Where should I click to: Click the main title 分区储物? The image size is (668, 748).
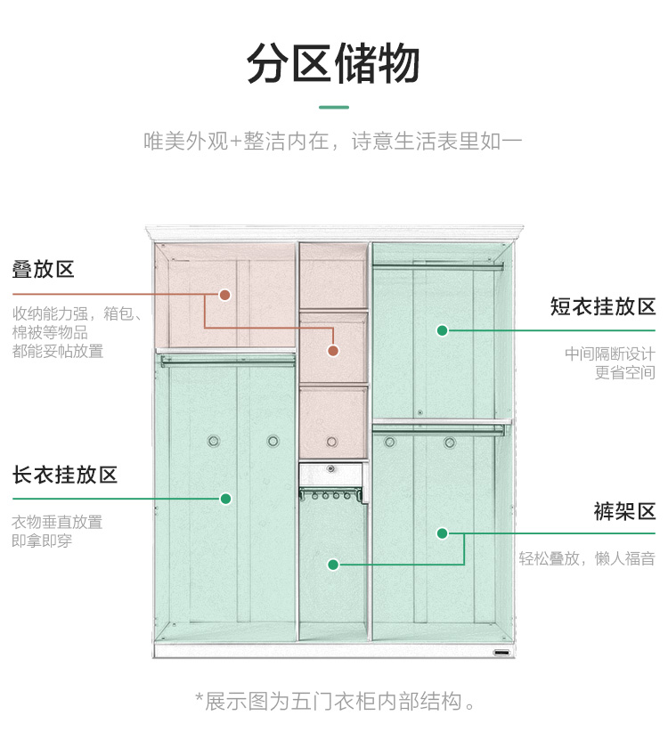(x=333, y=63)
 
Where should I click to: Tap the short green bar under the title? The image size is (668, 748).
(x=334, y=108)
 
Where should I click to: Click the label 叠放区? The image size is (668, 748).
(x=44, y=270)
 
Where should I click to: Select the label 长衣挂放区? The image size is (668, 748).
(x=65, y=476)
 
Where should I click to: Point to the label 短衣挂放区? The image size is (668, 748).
(x=603, y=306)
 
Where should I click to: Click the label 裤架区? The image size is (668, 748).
(x=624, y=511)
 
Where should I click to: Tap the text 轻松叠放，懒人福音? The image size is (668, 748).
(x=587, y=558)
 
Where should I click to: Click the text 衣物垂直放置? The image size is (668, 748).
(x=57, y=522)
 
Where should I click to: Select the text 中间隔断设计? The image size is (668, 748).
(x=610, y=354)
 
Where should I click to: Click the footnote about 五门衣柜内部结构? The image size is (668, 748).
(x=336, y=702)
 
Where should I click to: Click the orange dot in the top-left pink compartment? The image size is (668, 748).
(x=224, y=295)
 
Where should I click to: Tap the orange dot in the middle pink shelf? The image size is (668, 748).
(x=333, y=351)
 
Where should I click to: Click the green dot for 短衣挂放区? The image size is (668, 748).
(x=443, y=330)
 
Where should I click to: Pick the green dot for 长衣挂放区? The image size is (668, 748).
(x=225, y=499)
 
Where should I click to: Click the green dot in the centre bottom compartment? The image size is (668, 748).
(x=333, y=565)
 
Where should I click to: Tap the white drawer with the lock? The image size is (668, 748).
(x=331, y=475)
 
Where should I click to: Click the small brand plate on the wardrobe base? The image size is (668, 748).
(x=501, y=652)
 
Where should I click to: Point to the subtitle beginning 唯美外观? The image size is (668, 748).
(x=333, y=142)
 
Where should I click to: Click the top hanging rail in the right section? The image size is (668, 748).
(x=438, y=266)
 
